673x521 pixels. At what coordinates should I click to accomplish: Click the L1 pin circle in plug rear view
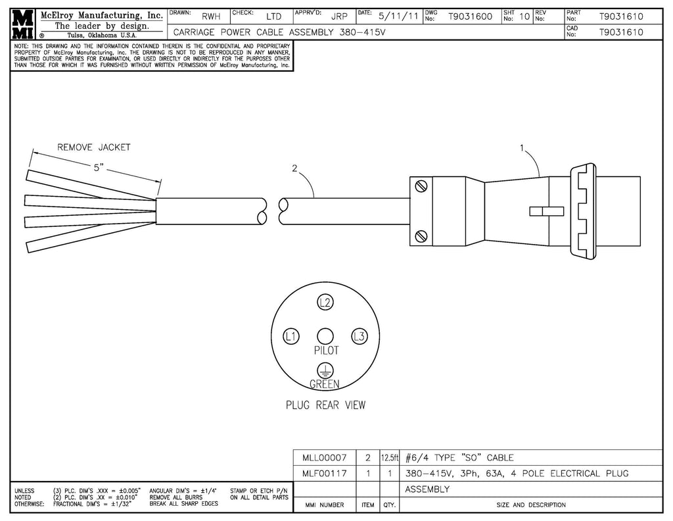click(290, 336)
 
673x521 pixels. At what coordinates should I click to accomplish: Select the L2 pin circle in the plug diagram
click(325, 303)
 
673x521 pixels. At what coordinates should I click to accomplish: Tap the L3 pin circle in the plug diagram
click(358, 336)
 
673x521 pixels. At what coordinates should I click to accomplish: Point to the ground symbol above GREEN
click(325, 370)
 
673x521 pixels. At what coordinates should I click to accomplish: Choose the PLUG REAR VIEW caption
click(325, 405)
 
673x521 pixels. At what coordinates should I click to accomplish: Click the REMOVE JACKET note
click(94, 147)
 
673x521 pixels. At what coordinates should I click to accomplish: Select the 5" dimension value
click(100, 168)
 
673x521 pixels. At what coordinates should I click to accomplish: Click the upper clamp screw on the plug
click(421, 186)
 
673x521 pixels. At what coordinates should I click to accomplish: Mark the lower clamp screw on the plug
click(421, 236)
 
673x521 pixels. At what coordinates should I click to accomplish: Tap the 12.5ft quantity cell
click(389, 457)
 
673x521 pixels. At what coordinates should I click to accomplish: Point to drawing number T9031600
click(470, 16)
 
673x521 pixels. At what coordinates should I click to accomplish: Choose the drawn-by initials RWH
click(211, 16)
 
